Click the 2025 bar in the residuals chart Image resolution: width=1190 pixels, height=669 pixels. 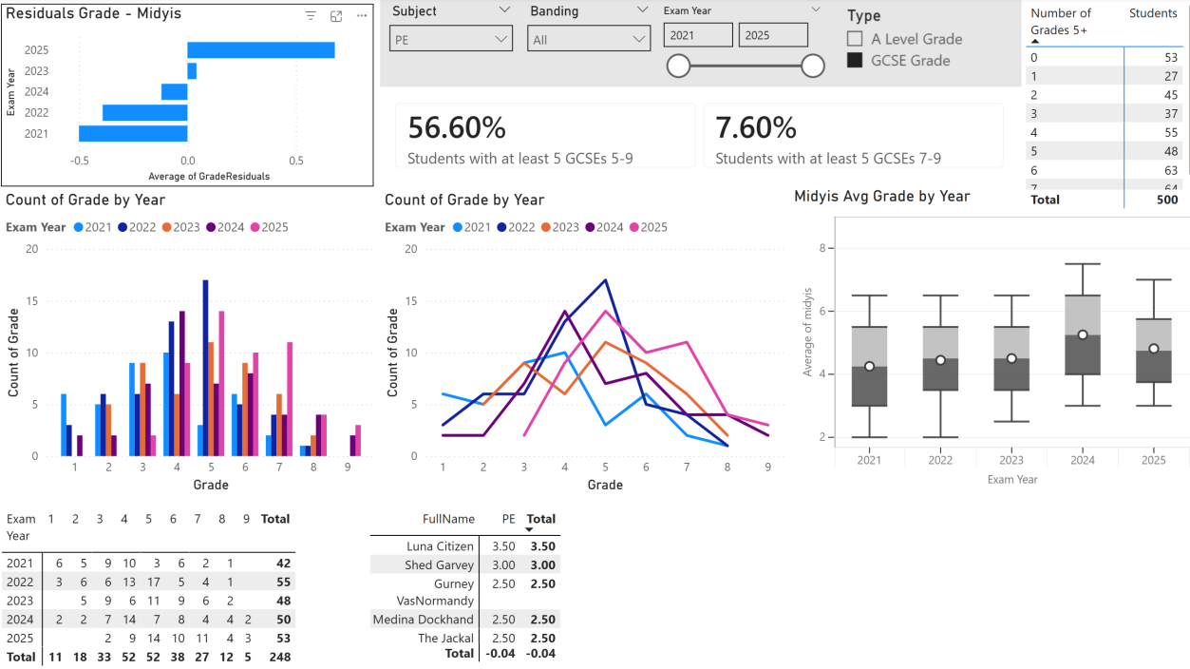261,50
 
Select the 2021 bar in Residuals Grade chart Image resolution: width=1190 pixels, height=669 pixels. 133,134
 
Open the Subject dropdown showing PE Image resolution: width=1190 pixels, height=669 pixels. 451,39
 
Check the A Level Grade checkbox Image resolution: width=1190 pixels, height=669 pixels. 855,39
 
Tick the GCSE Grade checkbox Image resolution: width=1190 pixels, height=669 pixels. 855,60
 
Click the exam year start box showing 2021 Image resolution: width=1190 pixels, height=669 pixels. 698,35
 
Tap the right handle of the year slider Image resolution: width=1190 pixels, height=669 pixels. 813,66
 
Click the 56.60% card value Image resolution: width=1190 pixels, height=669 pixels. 457,128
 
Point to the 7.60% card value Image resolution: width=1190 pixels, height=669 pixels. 755,128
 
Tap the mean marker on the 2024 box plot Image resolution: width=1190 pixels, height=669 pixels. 1083,335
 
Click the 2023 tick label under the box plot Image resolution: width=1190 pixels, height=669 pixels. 1011,460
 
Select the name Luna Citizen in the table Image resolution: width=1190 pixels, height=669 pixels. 441,546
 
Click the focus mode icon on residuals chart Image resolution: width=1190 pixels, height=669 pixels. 336,16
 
